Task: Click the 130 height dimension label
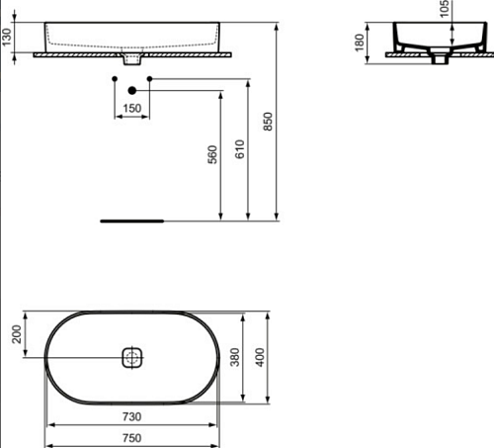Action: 7,37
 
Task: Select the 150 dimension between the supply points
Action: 132,108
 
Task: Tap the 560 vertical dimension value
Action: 212,154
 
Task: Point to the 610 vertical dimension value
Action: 240,149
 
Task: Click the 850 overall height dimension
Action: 268,122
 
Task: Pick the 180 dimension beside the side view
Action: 360,43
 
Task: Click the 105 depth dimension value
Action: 445,9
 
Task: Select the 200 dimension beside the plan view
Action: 17,334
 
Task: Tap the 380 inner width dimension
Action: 235,357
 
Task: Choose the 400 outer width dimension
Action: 260,357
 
